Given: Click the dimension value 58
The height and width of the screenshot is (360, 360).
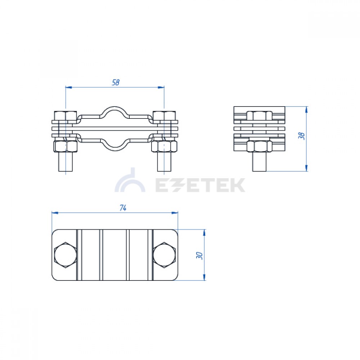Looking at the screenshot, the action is coord(116,82).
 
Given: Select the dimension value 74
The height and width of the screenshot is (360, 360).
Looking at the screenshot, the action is coord(123,208).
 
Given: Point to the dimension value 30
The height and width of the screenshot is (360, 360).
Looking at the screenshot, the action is coord(199,256).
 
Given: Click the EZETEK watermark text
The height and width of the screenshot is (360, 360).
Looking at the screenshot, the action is coord(200,185).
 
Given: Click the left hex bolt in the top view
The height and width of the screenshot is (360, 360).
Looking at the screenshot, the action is coord(65,255).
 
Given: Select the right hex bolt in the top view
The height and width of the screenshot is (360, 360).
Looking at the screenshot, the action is coord(165,255).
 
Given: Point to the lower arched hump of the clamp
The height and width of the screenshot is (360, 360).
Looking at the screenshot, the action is coord(115,147).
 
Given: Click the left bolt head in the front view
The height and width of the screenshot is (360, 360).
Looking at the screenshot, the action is coord(66,116).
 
